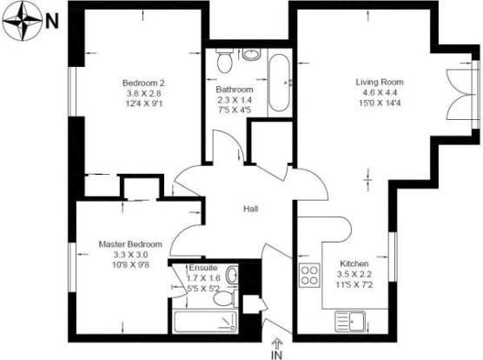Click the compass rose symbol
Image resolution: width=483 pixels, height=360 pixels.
click(x=23, y=21)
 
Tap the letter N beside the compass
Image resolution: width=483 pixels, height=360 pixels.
click(x=52, y=22)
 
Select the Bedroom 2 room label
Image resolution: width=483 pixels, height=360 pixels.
click(x=143, y=83)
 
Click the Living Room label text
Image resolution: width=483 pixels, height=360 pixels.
click(x=380, y=82)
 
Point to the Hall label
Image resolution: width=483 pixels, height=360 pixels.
click(x=251, y=209)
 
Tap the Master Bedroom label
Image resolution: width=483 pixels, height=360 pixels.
click(x=130, y=244)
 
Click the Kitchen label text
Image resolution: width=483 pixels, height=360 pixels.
click(x=354, y=263)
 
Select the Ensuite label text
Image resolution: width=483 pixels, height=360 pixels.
click(x=203, y=268)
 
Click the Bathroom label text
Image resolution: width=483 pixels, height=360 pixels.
click(x=235, y=90)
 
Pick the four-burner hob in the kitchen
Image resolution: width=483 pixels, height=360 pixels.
click(x=309, y=276)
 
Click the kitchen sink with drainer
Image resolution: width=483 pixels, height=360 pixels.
click(x=350, y=322)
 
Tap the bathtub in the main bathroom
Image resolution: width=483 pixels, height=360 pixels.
click(x=279, y=83)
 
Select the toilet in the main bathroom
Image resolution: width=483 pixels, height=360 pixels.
click(x=224, y=61)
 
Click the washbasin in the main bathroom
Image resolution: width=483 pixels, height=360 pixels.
click(x=251, y=54)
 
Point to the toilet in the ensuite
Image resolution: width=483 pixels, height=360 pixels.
click(x=225, y=298)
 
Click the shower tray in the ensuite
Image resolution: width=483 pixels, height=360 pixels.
click(x=205, y=322)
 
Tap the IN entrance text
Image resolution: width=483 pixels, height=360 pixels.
click(x=277, y=355)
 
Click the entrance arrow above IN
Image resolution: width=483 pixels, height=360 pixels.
click(x=277, y=343)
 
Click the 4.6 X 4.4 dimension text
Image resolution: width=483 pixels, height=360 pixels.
click(x=380, y=92)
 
